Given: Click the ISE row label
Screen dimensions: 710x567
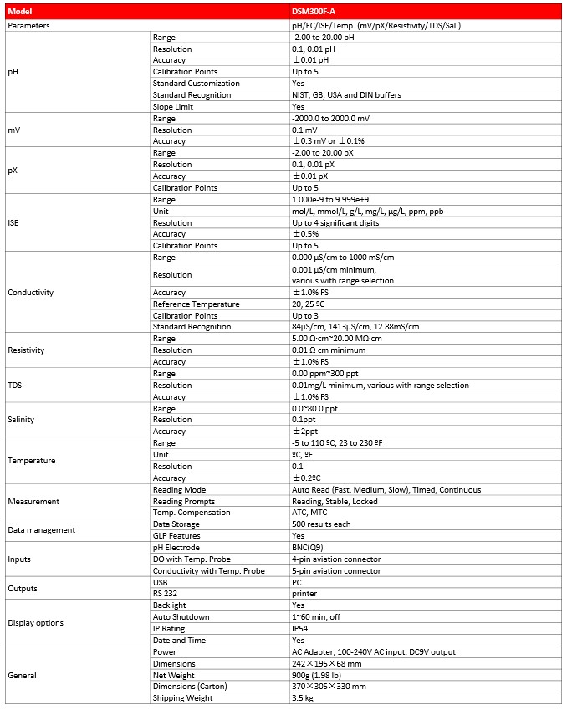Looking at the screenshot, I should point(13,223).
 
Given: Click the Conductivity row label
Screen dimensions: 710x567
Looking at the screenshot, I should point(30,293).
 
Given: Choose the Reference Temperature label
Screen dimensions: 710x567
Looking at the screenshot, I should point(196,304).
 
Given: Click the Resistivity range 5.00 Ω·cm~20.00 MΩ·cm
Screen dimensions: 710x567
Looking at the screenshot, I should point(345,339).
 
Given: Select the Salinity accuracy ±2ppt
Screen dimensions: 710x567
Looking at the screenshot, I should point(305,432).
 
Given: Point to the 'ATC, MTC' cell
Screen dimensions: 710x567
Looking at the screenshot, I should point(309,512).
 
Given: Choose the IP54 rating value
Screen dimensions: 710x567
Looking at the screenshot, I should point(301,628).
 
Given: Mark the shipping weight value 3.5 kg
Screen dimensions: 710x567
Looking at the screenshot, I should point(302,697).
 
